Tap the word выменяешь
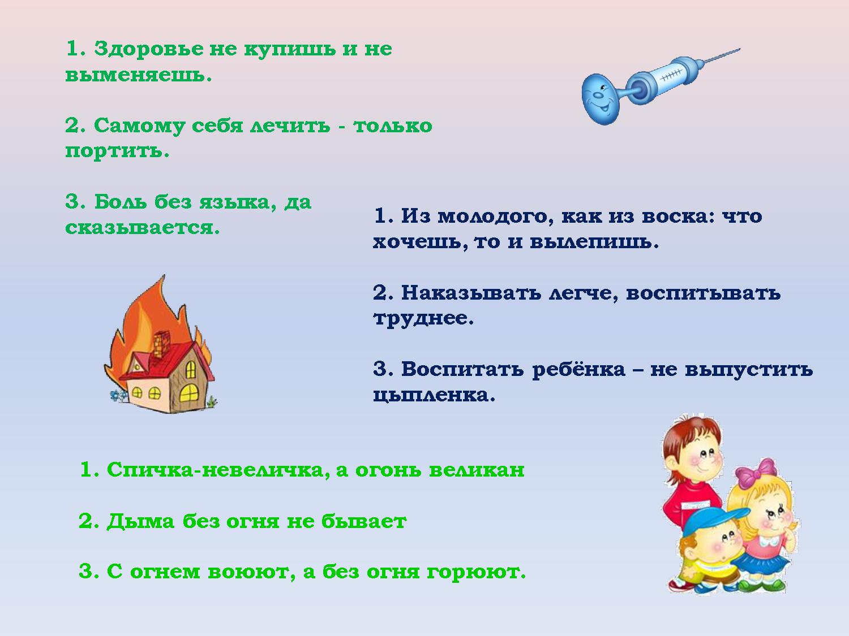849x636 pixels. point(139,75)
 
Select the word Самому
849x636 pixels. point(139,126)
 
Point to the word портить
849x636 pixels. point(117,151)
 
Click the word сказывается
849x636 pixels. point(142,227)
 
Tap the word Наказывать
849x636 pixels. point(471,293)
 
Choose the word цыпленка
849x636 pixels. point(434,395)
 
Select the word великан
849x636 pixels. point(477,470)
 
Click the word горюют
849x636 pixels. point(476,572)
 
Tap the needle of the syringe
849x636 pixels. point(719,55)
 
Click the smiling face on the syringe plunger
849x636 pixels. point(599,99)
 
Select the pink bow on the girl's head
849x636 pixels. point(756,473)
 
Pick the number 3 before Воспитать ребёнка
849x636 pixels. point(383,369)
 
